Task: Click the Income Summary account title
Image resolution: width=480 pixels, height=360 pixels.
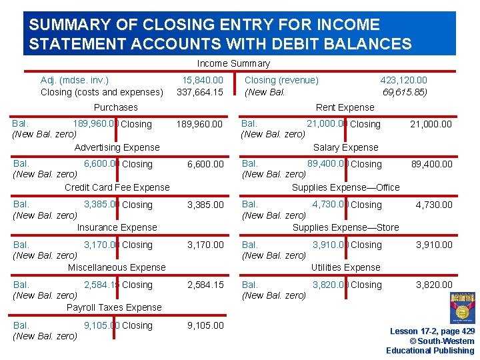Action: pyautogui.click(x=233, y=63)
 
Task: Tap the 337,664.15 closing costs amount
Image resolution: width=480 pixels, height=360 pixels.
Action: pyautogui.click(x=200, y=92)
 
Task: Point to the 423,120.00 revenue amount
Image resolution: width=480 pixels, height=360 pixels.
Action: pyautogui.click(x=403, y=80)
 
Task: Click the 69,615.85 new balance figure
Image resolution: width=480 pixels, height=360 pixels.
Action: pyautogui.click(x=405, y=92)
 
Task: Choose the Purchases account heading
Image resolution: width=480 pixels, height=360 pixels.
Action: pyautogui.click(x=116, y=107)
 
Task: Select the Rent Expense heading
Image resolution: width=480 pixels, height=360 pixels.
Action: pyautogui.click(x=345, y=107)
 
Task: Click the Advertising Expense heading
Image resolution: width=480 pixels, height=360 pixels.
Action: pyautogui.click(x=117, y=147)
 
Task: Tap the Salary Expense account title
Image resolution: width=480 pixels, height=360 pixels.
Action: pyautogui.click(x=345, y=147)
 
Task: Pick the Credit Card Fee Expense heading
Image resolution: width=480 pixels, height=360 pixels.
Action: pyautogui.click(x=117, y=187)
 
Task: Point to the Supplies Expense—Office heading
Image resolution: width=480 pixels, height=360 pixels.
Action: pyautogui.click(x=345, y=187)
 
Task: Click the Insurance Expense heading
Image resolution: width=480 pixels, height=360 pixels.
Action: pyautogui.click(x=117, y=227)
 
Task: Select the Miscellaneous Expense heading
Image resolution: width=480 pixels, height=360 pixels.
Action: pyautogui.click(x=117, y=267)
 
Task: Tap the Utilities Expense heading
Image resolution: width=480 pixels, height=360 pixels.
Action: pyautogui.click(x=345, y=267)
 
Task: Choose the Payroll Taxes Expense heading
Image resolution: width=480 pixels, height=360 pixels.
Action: pyautogui.click(x=114, y=307)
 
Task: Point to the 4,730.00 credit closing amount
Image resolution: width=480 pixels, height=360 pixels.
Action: pyautogui.click(x=434, y=205)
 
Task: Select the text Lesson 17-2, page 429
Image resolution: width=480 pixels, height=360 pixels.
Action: pyautogui.click(x=432, y=331)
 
